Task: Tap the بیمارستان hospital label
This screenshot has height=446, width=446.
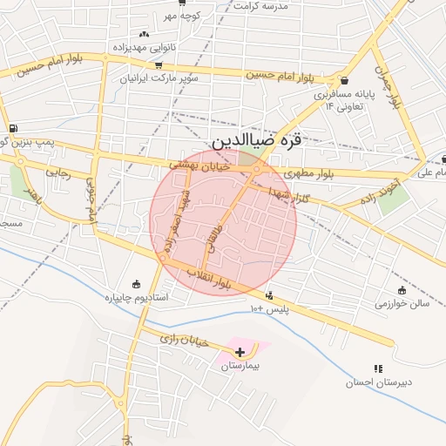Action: pyautogui.click(x=240, y=367)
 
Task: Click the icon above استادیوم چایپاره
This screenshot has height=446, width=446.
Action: pyautogui.click(x=136, y=283)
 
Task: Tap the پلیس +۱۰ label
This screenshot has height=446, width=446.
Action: pyautogui.click(x=268, y=309)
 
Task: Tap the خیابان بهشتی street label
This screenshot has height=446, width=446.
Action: pyautogui.click(x=198, y=164)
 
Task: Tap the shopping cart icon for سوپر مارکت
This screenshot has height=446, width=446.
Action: pyautogui.click(x=158, y=64)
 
